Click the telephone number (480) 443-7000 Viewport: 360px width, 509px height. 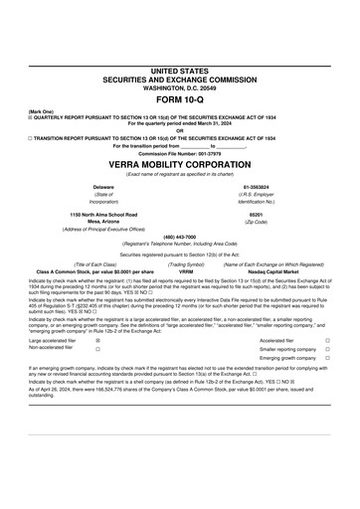pyautogui.click(x=179, y=236)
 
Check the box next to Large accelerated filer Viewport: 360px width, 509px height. pyautogui.click(x=96, y=340)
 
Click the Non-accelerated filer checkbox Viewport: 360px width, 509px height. pyautogui.click(x=96, y=350)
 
